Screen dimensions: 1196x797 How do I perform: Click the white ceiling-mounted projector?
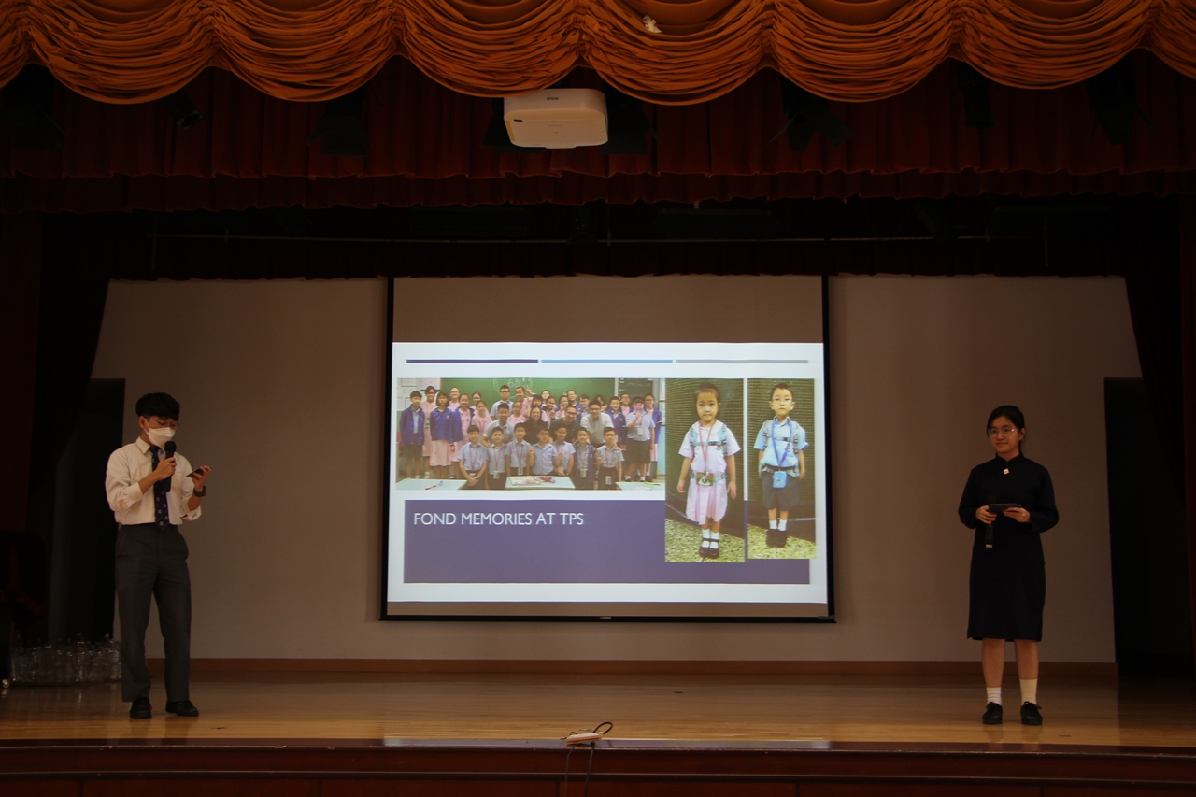[555, 118]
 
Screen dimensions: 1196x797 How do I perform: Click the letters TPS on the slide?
[570, 519]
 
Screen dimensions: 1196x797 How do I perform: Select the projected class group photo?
[531, 434]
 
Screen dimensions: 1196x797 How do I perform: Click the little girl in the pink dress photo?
[705, 470]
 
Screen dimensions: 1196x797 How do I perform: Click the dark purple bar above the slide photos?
[472, 362]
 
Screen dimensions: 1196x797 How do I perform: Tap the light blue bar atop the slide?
[606, 362]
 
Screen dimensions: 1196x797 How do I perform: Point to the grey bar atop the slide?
[742, 362]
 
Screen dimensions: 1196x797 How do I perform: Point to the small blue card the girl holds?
[1004, 508]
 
